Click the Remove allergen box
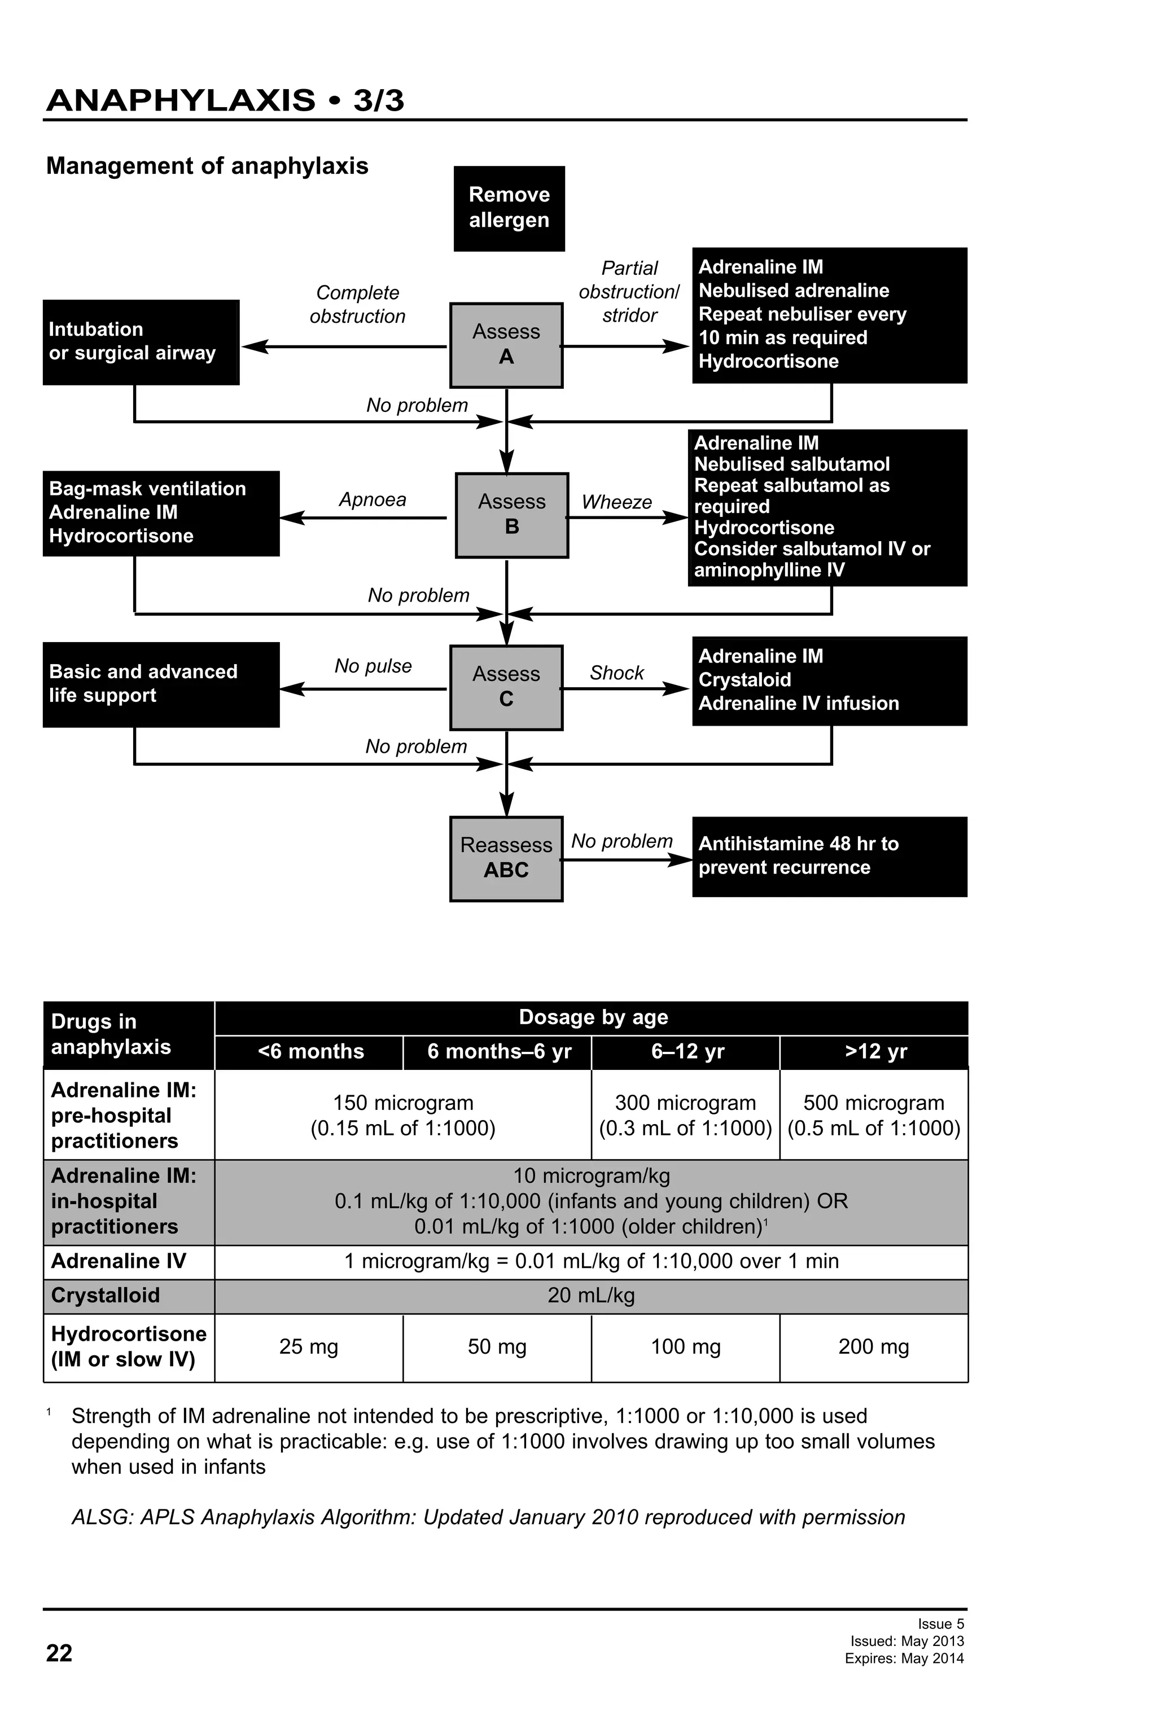point(509,208)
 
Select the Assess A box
point(506,345)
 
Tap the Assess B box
point(511,514)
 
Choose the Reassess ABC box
point(506,858)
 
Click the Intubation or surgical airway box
point(141,342)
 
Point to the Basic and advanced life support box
point(161,684)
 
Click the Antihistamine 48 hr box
point(829,856)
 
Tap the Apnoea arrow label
point(372,499)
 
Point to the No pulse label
point(373,666)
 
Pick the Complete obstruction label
point(357,304)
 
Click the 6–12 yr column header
point(686,1051)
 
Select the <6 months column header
point(310,1051)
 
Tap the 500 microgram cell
point(873,1114)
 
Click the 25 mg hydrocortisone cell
point(309,1346)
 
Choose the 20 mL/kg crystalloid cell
point(591,1295)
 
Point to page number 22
point(59,1653)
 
